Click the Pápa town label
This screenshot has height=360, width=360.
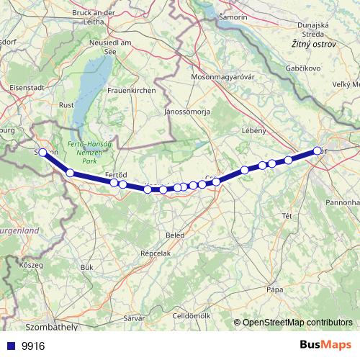tap(274, 289)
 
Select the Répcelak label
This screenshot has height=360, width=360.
tap(156, 254)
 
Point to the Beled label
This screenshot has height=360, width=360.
tap(174, 235)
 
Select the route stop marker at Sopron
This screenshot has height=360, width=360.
tap(42, 152)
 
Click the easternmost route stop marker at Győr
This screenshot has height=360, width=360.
tap(318, 150)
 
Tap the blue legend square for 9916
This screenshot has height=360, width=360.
tap(10, 346)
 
